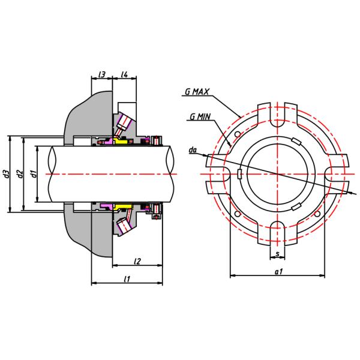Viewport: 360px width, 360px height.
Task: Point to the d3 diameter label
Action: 6,173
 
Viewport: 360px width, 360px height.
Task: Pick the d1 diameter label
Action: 34,173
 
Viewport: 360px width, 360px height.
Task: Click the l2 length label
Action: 137,261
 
